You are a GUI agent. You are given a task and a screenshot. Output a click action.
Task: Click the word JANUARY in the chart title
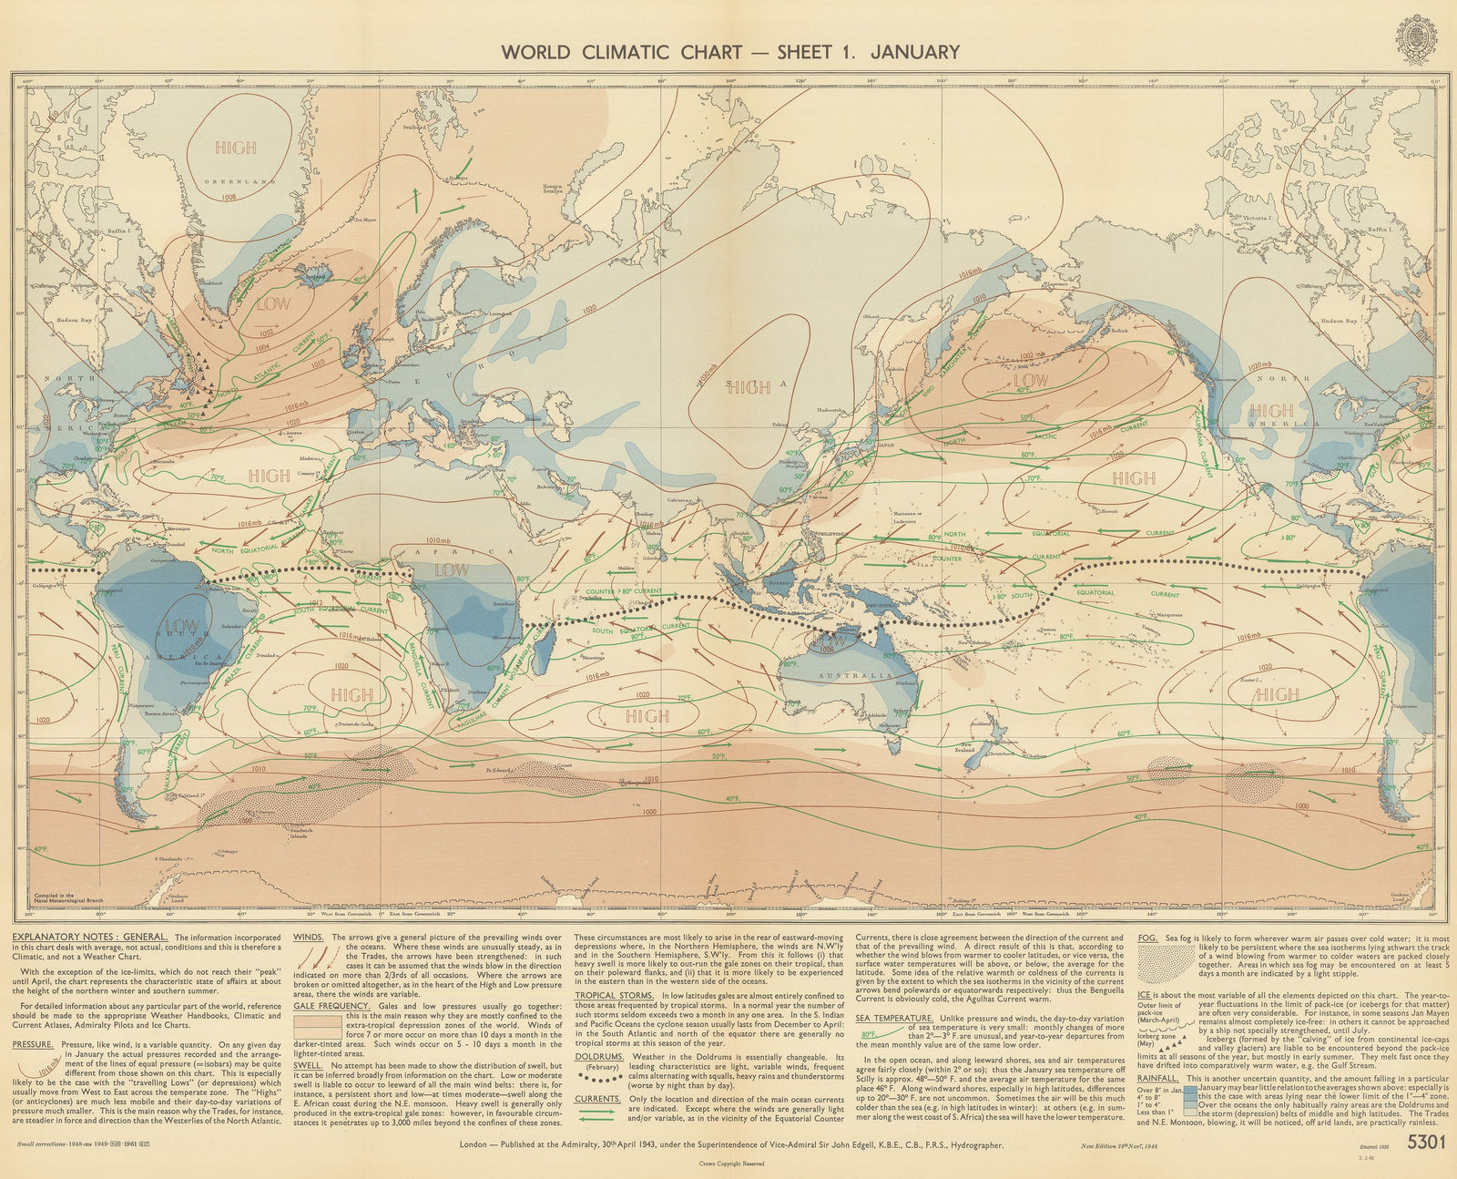click(914, 51)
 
